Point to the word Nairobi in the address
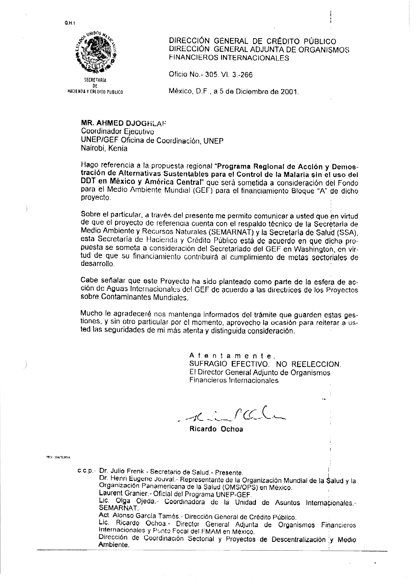(93, 148)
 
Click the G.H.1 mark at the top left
(69, 23)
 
